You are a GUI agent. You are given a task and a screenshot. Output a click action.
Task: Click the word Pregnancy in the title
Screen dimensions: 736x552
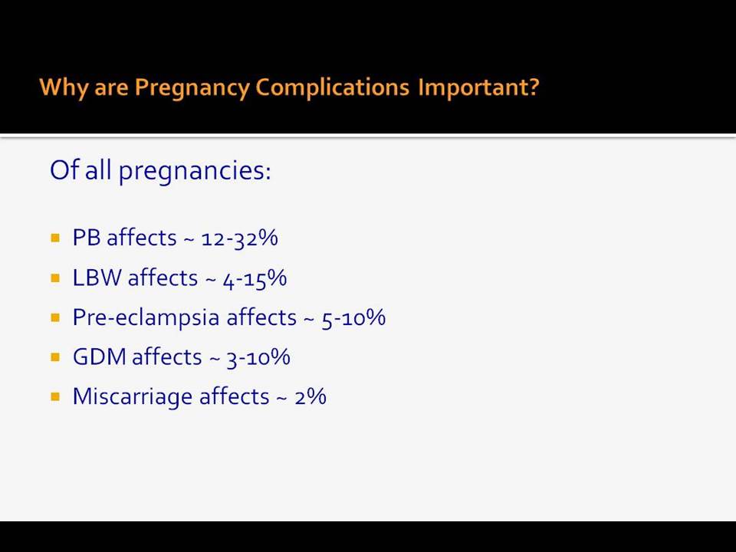[192, 87]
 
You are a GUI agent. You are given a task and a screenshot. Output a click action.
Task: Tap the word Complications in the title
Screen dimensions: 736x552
[333, 87]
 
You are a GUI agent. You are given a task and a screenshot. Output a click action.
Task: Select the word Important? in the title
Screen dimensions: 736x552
[478, 87]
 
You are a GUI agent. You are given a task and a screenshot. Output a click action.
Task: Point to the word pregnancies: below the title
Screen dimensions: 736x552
[195, 171]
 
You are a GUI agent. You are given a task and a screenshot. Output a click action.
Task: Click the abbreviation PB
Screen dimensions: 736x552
[87, 238]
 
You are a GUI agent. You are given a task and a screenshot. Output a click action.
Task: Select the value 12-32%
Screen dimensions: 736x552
[239, 238]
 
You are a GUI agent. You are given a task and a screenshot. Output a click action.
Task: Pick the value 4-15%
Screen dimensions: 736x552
[255, 278]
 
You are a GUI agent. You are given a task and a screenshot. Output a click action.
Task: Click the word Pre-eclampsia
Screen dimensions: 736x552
[146, 317]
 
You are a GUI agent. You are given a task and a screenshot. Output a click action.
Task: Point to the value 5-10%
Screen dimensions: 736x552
[353, 317]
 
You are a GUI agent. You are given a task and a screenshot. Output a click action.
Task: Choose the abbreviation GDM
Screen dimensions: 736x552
[100, 356]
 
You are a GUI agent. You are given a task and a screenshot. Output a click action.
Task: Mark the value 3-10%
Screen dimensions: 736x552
[258, 357]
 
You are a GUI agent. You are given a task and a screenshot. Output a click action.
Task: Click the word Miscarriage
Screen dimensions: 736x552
[133, 397]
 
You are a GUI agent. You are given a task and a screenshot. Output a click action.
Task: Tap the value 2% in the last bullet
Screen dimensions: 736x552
[310, 396]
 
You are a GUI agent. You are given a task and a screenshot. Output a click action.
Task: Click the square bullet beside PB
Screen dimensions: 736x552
[55, 238]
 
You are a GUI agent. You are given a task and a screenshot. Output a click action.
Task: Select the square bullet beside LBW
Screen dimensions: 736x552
[55, 278]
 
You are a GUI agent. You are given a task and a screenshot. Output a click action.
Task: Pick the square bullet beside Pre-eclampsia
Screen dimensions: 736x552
[55, 317]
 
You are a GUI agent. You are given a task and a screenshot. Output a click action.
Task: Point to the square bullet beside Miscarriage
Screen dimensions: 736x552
[55, 397]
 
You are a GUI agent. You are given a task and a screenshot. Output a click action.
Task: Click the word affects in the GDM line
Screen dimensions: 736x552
[166, 356]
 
